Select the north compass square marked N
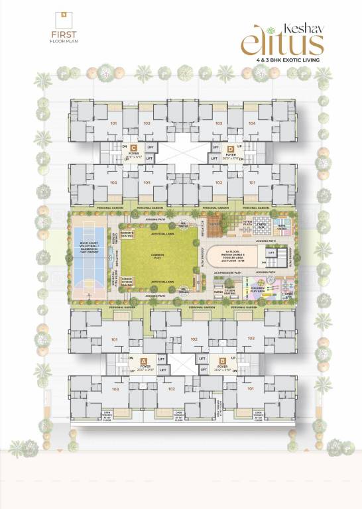pyautogui.click(x=62, y=13)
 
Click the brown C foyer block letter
pyautogui.click(x=134, y=148)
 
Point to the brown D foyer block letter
pyautogui.click(x=230, y=148)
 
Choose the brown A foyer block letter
pyautogui.click(x=144, y=362)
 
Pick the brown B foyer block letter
pyautogui.click(x=222, y=362)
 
